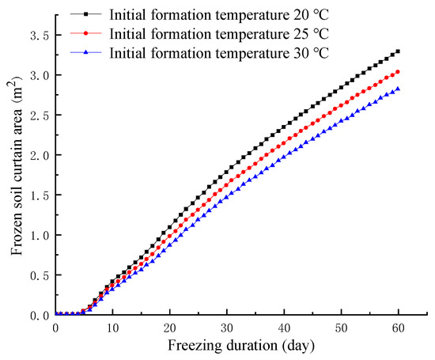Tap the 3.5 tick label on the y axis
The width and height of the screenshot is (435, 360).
[x=38, y=36]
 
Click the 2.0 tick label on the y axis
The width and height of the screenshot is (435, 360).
[x=38, y=155]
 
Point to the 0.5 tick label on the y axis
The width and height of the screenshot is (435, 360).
[x=38, y=275]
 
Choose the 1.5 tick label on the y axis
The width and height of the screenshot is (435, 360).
[x=38, y=195]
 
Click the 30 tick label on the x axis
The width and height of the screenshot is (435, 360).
[x=226, y=327]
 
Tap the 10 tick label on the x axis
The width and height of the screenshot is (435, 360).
[x=112, y=327]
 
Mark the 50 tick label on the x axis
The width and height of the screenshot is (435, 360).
[x=341, y=327]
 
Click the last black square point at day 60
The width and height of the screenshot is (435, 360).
[x=398, y=51]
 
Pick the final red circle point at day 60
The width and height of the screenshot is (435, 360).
[x=398, y=72]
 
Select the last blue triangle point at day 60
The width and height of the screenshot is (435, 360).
[x=398, y=89]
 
